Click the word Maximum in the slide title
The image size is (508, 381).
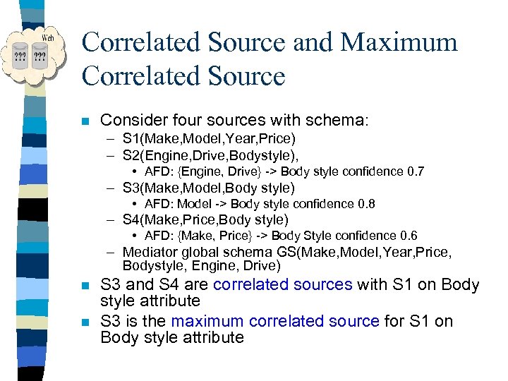pos(399,42)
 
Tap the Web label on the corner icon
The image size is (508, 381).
pos(48,37)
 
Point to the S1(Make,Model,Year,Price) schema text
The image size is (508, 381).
pos(209,138)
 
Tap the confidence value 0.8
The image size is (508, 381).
pos(365,204)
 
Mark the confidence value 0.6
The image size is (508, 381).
pos(409,236)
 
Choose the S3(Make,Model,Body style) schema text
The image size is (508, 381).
pos(208,188)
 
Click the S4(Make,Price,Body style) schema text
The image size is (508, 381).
pos(205,219)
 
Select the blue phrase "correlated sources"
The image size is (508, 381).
pos(282,285)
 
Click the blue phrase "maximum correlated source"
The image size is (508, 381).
pos(275,321)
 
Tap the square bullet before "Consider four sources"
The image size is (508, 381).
pos(86,121)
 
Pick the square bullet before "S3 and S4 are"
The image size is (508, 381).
pos(86,286)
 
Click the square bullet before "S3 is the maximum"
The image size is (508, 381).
pos(86,322)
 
